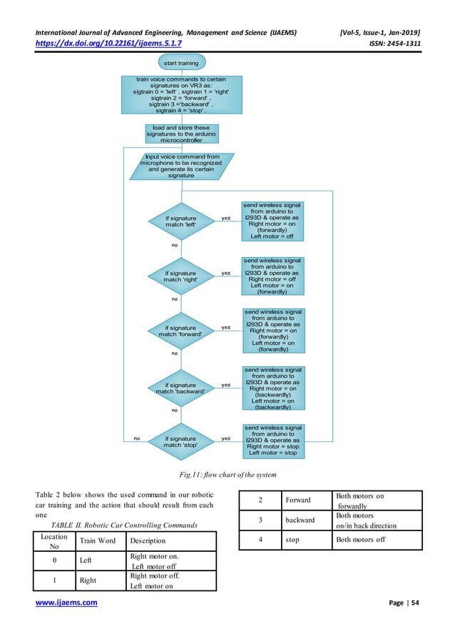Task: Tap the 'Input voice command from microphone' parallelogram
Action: pos(182,166)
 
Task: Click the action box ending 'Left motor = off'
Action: pos(272,221)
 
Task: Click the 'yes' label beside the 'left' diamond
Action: pos(226,218)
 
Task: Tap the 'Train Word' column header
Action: pos(98,540)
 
